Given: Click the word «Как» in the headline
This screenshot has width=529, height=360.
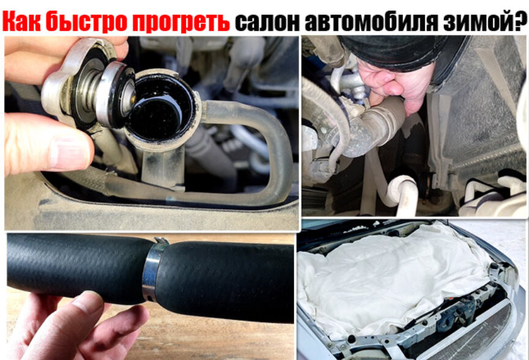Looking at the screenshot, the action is tap(22, 21).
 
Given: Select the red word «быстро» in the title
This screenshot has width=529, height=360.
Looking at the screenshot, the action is tap(86, 21).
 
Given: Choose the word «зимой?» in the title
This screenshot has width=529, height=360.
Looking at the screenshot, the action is tap(483, 21).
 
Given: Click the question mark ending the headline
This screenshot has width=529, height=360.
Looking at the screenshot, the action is tap(521, 21).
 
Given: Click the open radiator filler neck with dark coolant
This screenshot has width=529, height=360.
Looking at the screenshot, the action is tap(161, 108).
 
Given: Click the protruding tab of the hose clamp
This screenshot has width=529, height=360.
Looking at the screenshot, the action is tap(162, 241).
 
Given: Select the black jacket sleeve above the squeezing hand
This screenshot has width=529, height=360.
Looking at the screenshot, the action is tap(401, 51).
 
